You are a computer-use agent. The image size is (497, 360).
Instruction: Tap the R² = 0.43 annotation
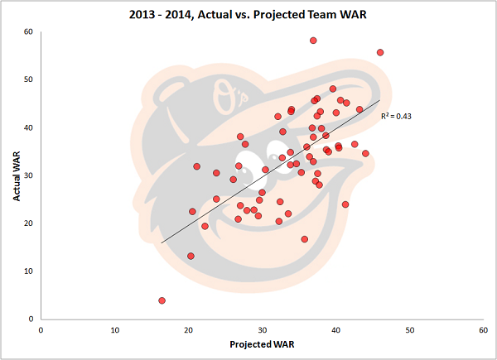(x=396, y=117)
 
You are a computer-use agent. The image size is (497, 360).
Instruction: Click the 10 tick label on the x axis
(x=114, y=329)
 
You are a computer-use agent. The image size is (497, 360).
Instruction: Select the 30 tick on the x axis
(x=262, y=329)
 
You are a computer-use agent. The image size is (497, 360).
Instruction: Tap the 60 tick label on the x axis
(x=483, y=329)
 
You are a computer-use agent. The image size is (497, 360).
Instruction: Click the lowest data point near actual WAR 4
(x=162, y=300)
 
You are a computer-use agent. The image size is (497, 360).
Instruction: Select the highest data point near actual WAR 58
(x=313, y=41)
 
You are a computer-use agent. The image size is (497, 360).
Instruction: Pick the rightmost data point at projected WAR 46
(x=380, y=52)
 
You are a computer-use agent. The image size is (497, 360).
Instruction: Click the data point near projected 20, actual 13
(x=191, y=256)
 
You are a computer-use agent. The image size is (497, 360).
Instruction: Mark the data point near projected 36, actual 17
(x=305, y=239)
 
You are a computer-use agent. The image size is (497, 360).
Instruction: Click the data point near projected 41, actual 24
(x=345, y=204)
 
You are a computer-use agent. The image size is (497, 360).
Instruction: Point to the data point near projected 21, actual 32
(x=196, y=166)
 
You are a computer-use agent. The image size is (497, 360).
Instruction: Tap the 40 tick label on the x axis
(x=335, y=329)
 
